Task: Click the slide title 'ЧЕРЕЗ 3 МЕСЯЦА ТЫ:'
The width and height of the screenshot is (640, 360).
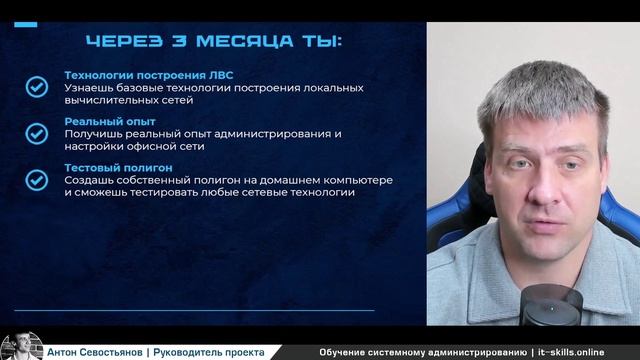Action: pos(213,42)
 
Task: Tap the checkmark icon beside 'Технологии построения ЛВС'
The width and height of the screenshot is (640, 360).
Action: pos(37,87)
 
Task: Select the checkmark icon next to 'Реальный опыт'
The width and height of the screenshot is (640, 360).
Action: pos(37,133)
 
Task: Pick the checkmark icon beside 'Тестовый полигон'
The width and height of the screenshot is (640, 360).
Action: pos(37,179)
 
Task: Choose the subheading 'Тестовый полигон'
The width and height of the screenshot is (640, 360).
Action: pos(119,167)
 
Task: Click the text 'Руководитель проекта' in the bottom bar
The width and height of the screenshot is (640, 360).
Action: pos(209,352)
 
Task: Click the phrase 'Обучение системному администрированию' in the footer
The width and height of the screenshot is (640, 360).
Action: pos(422,352)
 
